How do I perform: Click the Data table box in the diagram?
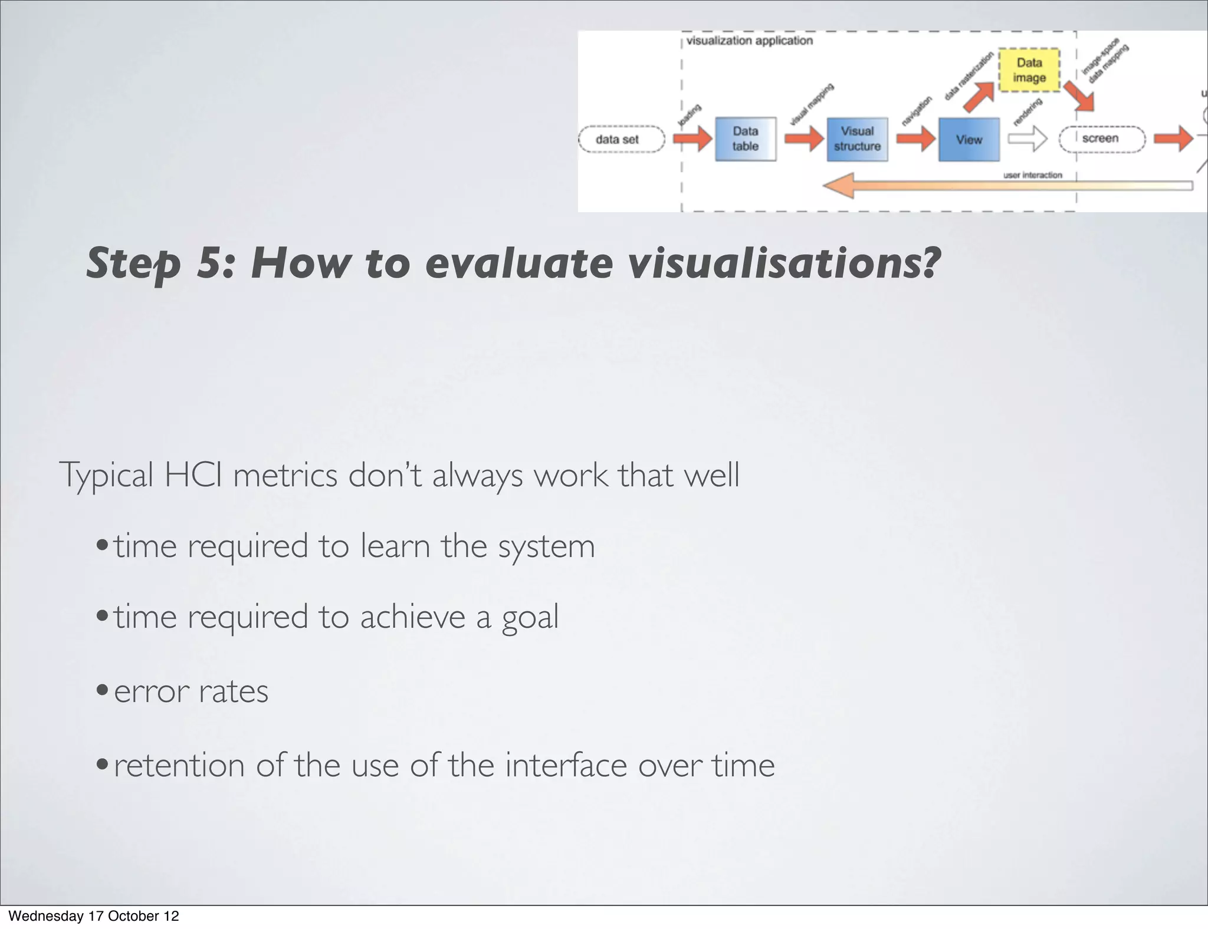click(x=745, y=139)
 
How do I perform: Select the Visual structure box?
click(x=856, y=139)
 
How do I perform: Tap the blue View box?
click(x=969, y=140)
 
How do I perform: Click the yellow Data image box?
click(x=1029, y=70)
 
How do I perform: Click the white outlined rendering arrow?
click(x=1027, y=140)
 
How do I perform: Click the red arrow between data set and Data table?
click(x=693, y=140)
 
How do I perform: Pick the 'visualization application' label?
click(x=749, y=41)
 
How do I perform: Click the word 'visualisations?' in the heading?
click(x=783, y=263)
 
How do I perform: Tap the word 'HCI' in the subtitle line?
click(x=193, y=475)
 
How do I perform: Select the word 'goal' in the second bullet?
click(x=530, y=618)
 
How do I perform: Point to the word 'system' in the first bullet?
click(x=546, y=546)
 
